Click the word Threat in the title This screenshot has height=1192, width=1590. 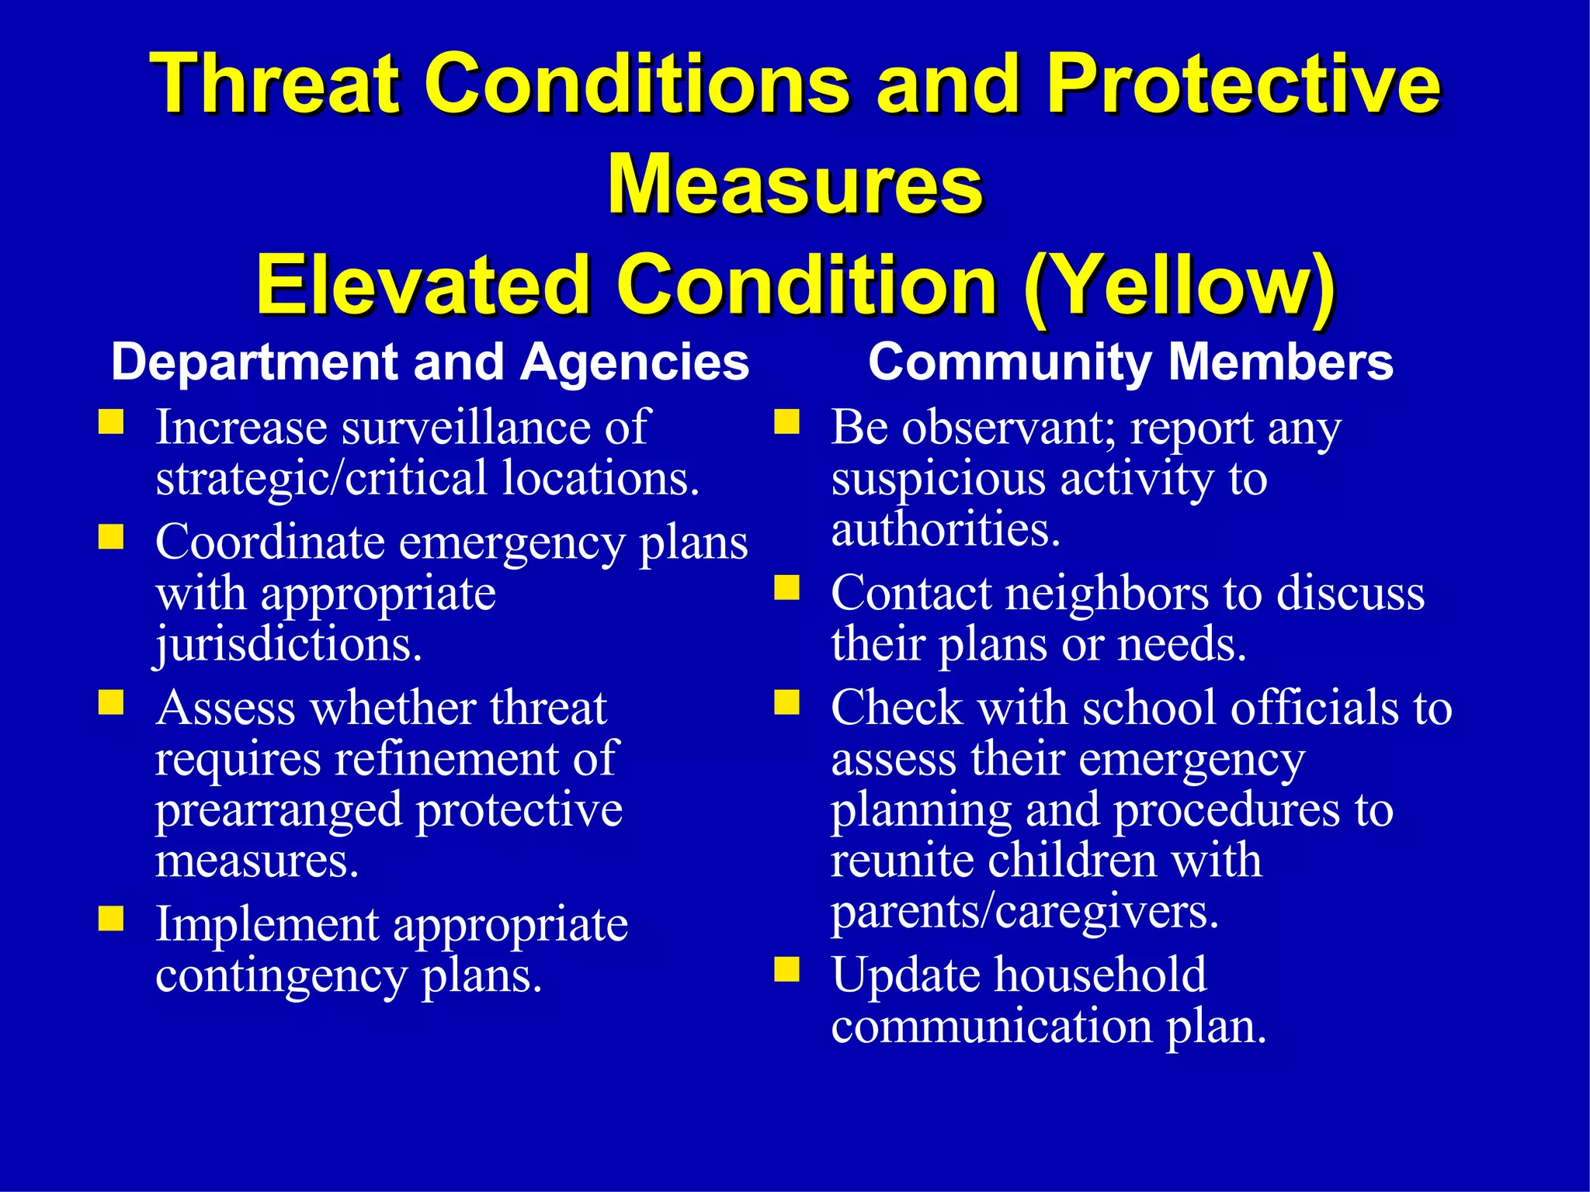[x=276, y=84]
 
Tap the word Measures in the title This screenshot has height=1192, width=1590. [x=795, y=185]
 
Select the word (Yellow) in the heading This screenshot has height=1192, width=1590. [x=1179, y=286]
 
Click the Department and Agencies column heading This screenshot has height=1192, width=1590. [x=429, y=362]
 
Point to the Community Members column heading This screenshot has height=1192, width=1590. [x=1130, y=362]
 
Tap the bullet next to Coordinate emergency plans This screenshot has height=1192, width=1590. [x=111, y=536]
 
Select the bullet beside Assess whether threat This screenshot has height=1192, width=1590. [x=111, y=702]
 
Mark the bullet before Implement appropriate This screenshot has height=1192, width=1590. [x=111, y=919]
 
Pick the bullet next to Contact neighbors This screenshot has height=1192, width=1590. [x=786, y=587]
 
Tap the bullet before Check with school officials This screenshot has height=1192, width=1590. [x=786, y=702]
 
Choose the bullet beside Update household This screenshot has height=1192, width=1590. [x=786, y=969]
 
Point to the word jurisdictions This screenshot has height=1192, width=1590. [x=289, y=644]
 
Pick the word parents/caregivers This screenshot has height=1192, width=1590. [x=1025, y=912]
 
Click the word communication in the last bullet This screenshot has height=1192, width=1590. [x=991, y=1026]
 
